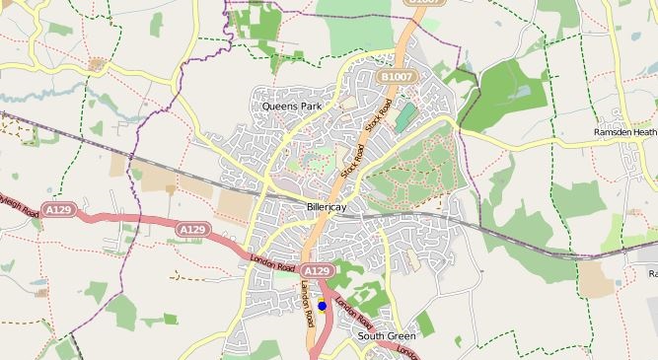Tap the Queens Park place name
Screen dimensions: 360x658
[293, 106]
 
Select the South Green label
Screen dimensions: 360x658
[387, 336]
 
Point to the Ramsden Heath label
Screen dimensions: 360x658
[624, 132]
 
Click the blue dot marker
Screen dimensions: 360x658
[322, 306]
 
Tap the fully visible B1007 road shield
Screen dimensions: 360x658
[396, 76]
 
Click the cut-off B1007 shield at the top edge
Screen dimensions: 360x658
[423, 3]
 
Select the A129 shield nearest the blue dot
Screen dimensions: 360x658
[316, 270]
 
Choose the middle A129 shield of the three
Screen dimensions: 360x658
[192, 229]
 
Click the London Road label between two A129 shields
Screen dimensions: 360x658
[272, 262]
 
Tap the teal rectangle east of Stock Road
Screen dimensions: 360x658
[405, 116]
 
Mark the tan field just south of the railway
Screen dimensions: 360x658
[234, 203]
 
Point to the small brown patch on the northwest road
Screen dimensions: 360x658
[97, 64]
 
